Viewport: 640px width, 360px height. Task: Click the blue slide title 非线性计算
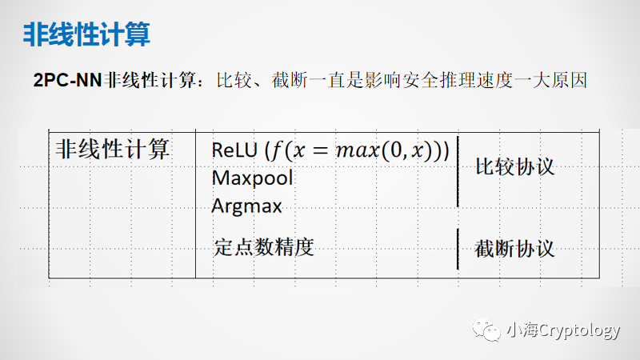click(86, 35)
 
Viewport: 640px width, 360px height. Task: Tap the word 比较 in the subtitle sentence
click(232, 81)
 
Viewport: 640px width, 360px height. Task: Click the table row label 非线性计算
click(113, 149)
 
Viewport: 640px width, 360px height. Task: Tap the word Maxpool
click(252, 178)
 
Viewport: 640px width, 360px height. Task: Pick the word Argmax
click(246, 206)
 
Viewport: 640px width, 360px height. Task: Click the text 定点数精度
click(263, 246)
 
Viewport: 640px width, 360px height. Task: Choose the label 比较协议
click(514, 168)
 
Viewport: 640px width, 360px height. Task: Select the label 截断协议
click(514, 248)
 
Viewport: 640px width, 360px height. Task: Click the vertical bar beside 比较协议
click(458, 168)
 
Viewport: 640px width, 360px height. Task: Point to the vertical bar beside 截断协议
click(458, 248)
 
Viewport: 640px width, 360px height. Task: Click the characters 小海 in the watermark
click(520, 330)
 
